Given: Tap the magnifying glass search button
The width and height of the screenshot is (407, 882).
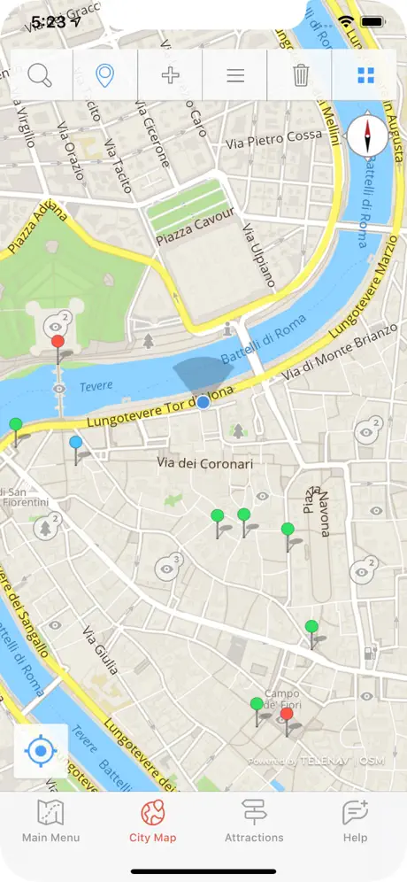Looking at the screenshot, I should click(41, 75).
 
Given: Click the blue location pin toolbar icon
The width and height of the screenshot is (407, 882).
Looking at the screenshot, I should click(105, 75).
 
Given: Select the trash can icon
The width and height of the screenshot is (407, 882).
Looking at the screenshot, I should click(301, 75).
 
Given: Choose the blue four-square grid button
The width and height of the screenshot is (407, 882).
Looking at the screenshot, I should click(365, 75).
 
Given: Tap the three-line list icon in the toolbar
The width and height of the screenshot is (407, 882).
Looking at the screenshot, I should click(235, 75).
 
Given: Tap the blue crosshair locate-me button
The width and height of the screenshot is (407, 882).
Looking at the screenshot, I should click(41, 751).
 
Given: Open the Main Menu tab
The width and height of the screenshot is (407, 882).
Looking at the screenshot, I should click(50, 822).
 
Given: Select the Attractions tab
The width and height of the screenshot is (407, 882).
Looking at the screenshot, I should click(254, 822).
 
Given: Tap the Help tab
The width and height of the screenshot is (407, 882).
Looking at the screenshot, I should click(355, 822).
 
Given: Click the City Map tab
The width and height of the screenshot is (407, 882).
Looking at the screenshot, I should click(152, 822).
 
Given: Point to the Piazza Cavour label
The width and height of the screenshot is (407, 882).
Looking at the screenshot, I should click(195, 227).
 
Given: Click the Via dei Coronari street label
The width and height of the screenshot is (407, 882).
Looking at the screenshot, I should click(204, 462).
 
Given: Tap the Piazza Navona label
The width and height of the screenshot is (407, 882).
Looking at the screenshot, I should click(317, 511).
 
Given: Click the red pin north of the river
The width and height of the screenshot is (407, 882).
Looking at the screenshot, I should click(58, 343).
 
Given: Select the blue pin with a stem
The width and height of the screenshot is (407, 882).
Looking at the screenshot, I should click(76, 444).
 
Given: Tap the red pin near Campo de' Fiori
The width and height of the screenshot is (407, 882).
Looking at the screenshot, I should click(287, 716).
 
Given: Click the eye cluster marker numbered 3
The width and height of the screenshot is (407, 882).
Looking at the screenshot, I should click(168, 567).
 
